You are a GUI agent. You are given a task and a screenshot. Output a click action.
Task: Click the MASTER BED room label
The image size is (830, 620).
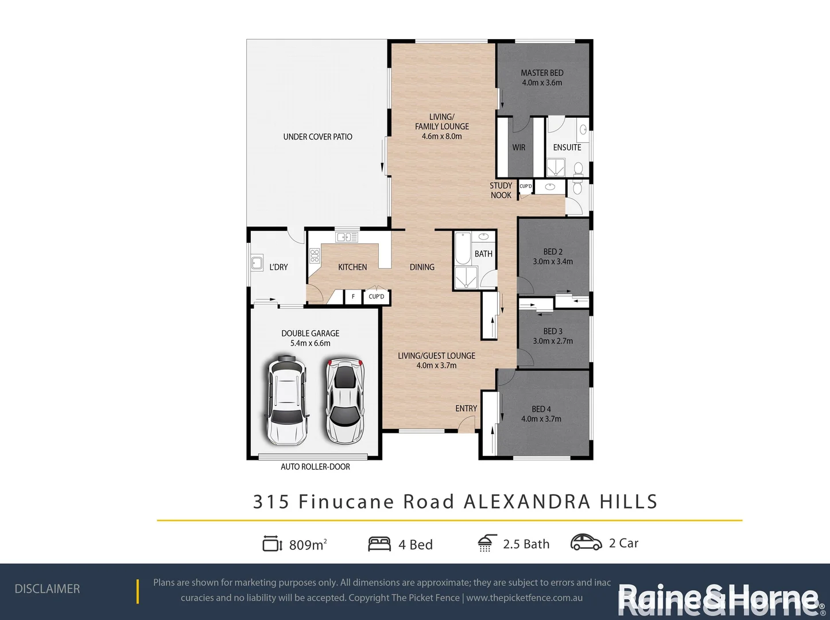(x=542, y=73)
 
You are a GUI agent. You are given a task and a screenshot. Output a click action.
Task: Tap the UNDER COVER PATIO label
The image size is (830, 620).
(x=317, y=137)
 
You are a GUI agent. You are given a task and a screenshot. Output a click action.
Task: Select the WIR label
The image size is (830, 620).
(x=519, y=148)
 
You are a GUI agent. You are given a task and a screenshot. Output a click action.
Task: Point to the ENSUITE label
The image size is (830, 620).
(x=567, y=148)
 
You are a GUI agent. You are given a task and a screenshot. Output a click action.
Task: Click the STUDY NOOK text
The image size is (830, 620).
(x=501, y=191)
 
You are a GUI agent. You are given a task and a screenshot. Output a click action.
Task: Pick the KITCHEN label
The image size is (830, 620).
(x=352, y=267)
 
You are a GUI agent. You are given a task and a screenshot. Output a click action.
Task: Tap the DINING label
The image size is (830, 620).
(x=422, y=267)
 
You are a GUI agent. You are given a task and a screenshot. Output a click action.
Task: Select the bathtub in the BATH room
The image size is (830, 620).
(x=463, y=248)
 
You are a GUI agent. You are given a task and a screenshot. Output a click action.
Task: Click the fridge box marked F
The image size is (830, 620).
(x=353, y=297)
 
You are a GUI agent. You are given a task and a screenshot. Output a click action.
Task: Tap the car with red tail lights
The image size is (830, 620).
(x=344, y=401)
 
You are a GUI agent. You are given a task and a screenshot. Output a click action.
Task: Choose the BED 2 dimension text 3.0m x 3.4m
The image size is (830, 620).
(x=553, y=262)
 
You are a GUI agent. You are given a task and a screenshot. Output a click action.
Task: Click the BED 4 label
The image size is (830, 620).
(x=541, y=409)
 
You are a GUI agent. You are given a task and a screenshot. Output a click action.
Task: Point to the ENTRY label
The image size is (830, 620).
(x=466, y=409)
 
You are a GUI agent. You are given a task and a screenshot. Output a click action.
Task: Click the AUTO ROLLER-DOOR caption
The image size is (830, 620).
(x=315, y=467)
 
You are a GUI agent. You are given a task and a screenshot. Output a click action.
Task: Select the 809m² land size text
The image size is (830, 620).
(x=308, y=544)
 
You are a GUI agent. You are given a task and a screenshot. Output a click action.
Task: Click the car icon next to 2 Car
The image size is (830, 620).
(x=586, y=542)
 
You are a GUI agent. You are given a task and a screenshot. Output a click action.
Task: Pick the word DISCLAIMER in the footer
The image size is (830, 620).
(x=47, y=589)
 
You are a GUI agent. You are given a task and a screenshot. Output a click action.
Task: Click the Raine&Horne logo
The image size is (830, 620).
(x=721, y=599)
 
